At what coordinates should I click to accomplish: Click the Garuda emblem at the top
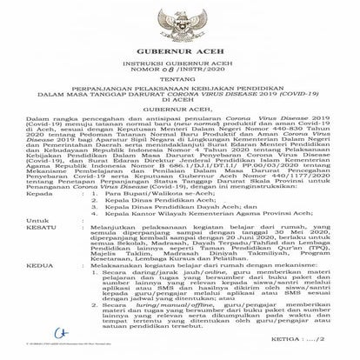tap(179, 18)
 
